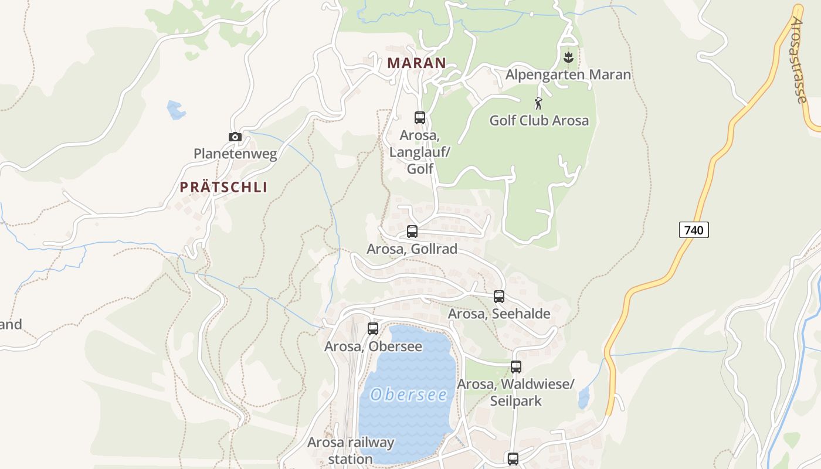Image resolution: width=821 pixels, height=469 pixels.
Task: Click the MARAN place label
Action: (417, 63)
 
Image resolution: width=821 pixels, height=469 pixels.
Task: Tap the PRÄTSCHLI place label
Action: (223, 187)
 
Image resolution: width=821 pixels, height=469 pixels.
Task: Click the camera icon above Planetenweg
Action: (235, 137)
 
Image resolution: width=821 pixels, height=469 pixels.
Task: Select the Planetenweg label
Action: (235, 154)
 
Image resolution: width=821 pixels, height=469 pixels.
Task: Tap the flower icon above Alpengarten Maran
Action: (568, 57)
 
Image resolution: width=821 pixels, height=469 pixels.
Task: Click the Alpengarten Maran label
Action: (568, 74)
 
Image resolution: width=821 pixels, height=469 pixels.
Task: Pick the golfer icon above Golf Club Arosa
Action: (538, 103)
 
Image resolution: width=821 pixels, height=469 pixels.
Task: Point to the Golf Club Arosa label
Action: (539, 120)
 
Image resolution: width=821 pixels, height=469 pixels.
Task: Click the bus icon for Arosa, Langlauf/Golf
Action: (420, 117)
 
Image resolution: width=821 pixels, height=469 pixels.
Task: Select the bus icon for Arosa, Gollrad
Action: (412, 231)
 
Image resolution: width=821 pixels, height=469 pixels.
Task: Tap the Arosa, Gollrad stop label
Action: (412, 249)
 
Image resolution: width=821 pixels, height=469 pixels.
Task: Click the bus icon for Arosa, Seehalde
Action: (499, 296)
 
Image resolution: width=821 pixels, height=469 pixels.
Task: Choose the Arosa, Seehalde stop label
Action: (499, 314)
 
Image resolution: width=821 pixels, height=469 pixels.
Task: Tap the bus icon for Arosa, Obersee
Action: (373, 328)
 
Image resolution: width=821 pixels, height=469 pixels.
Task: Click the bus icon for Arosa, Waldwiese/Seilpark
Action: (516, 367)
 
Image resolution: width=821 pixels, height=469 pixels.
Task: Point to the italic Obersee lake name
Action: (409, 395)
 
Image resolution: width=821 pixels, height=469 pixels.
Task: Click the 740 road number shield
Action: (694, 230)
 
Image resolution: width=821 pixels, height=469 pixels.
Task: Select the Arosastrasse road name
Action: (798, 60)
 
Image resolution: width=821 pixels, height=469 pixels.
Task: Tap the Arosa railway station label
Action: (351, 450)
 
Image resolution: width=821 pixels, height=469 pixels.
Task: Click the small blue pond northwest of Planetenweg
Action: (175, 110)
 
